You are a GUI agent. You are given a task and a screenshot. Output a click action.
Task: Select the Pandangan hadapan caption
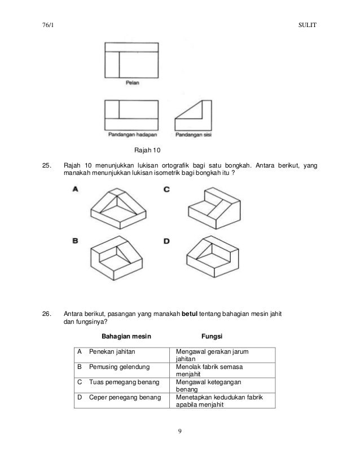pyautogui.click(x=133, y=135)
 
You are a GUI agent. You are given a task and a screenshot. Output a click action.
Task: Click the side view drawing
pyautogui.click(x=193, y=115)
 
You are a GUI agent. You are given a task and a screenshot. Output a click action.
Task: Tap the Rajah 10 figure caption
pyautogui.click(x=147, y=151)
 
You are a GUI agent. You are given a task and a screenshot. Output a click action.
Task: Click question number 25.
pyautogui.click(x=46, y=166)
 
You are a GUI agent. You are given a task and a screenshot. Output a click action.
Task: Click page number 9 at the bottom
pyautogui.click(x=179, y=433)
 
